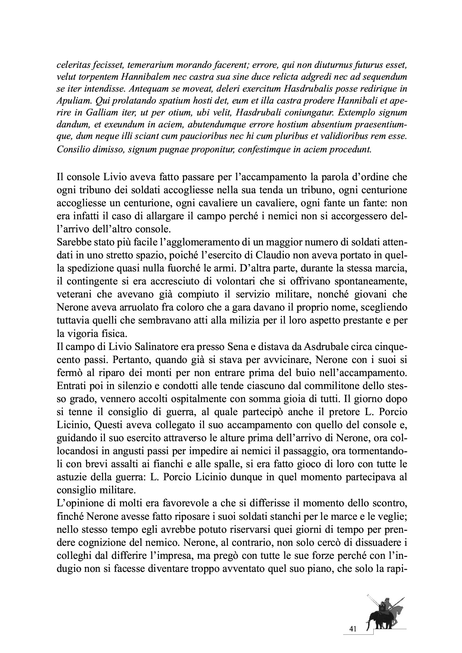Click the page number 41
tap(353, 629)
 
